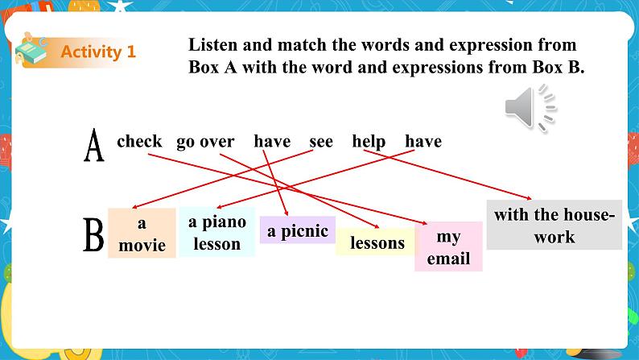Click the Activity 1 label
[x=98, y=52]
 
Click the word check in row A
[x=139, y=142]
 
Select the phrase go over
[x=205, y=142]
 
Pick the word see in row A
[x=320, y=142]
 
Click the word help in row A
[x=369, y=142]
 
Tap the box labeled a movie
[x=142, y=234]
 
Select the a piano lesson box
[x=216, y=232]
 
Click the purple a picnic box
[x=297, y=231]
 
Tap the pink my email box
[x=448, y=247]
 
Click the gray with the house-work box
[x=554, y=226]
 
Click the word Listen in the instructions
[x=212, y=46]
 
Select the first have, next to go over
[x=272, y=142]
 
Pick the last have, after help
[x=423, y=142]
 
